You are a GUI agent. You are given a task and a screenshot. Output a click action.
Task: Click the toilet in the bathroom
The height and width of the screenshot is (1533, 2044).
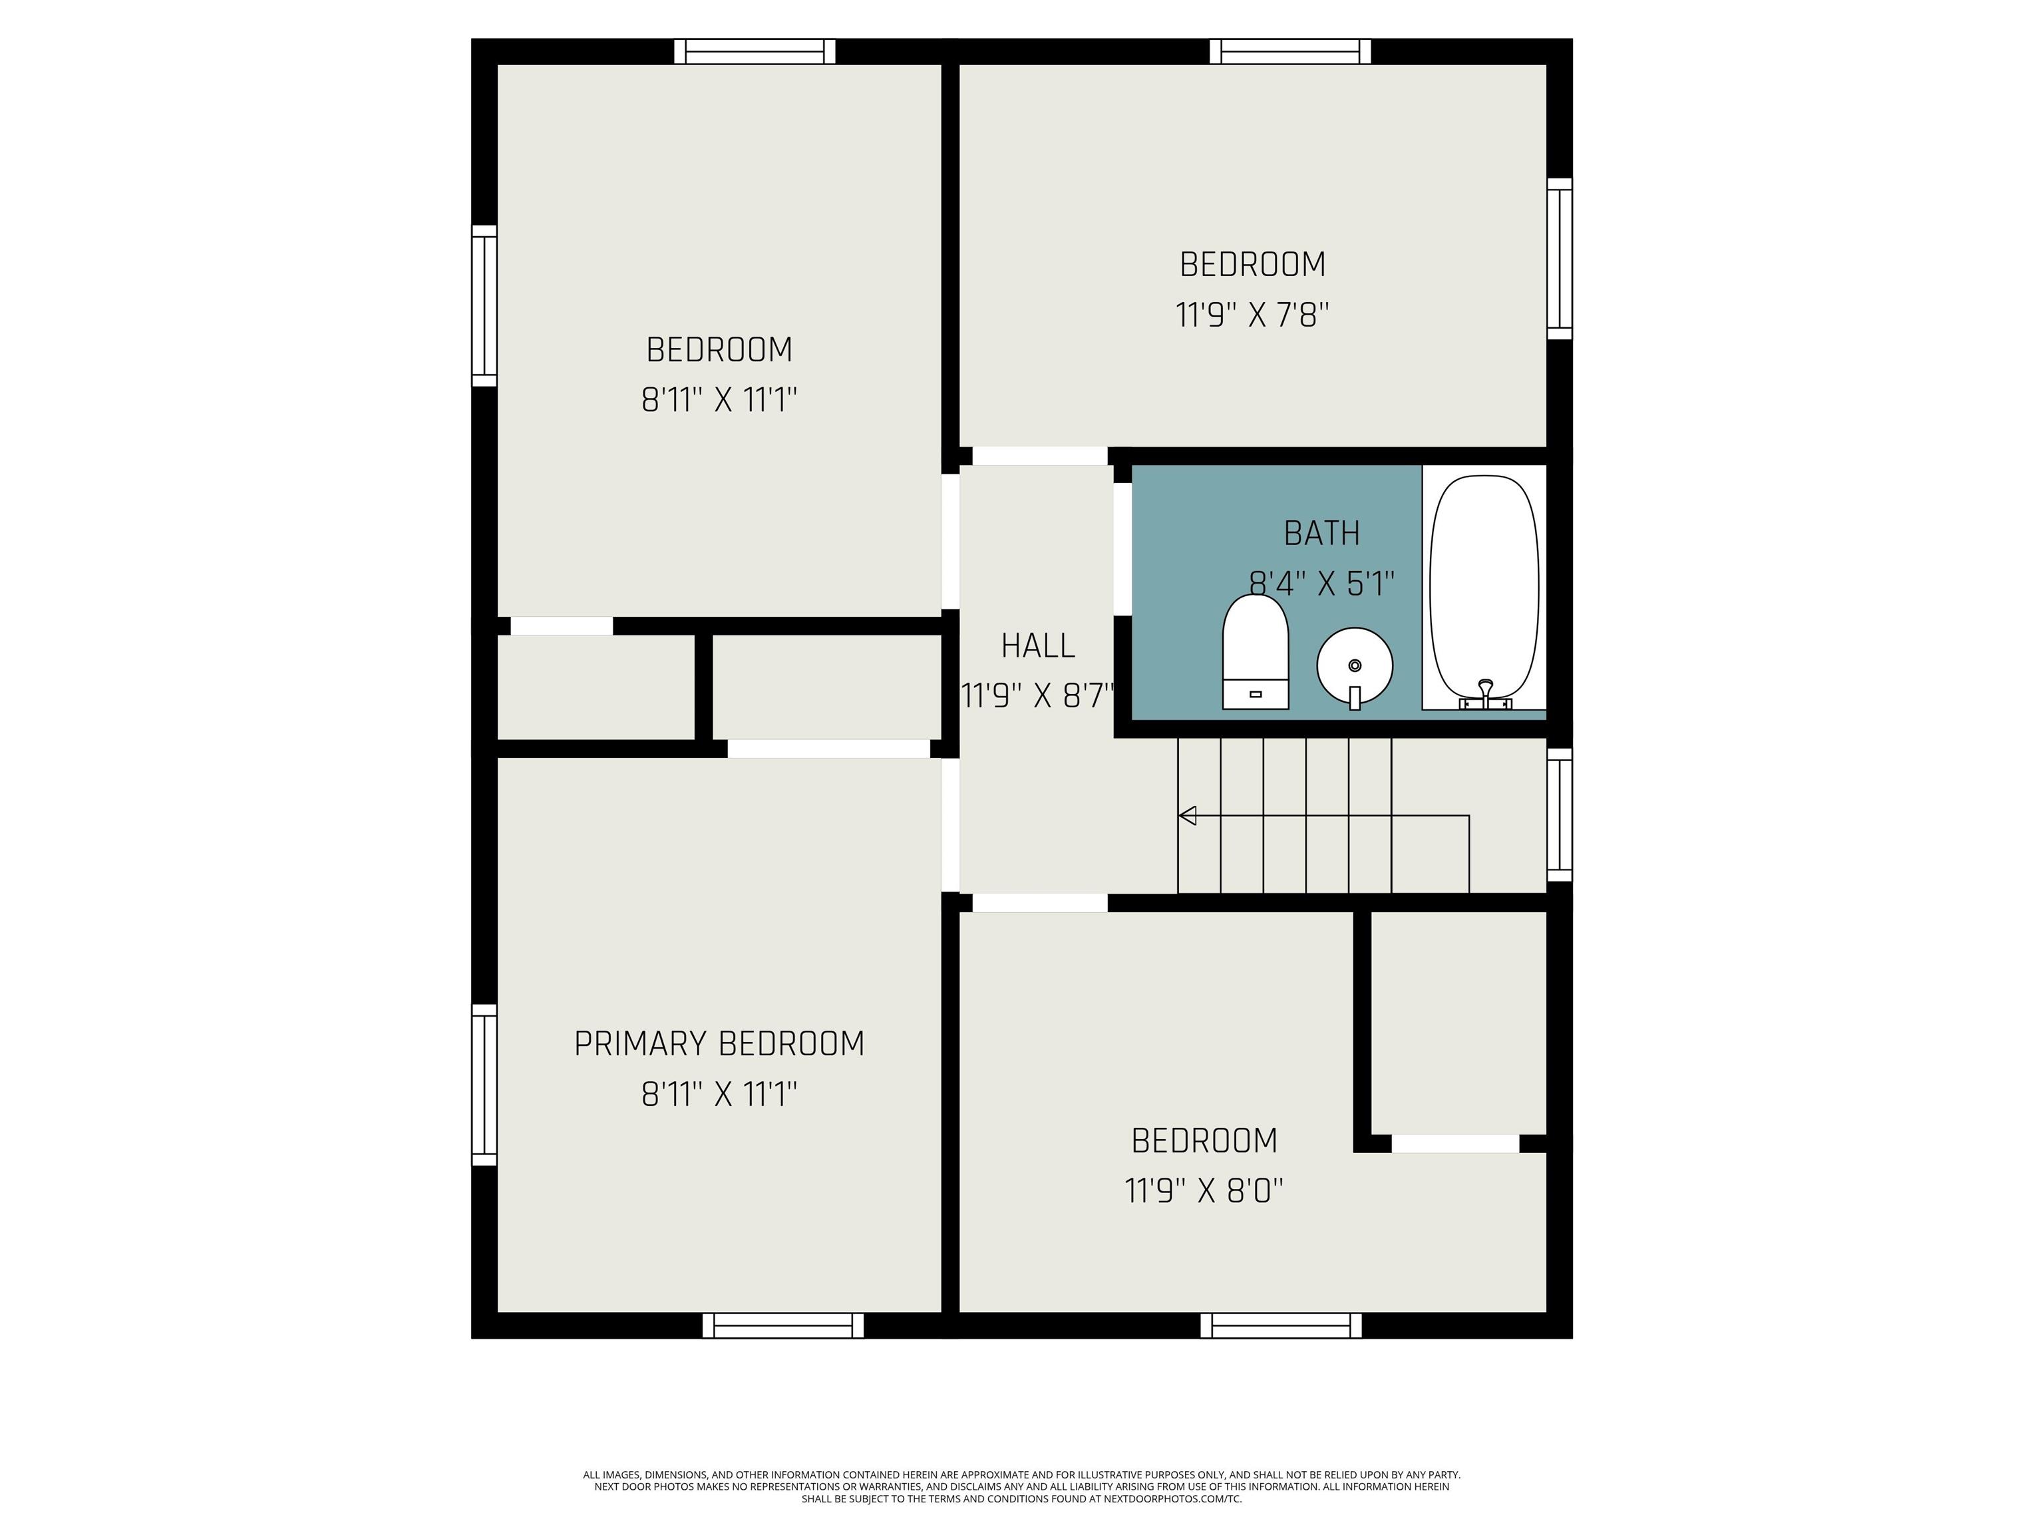(x=1255, y=651)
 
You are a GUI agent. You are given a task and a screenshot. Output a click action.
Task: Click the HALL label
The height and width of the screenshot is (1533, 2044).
(x=1038, y=645)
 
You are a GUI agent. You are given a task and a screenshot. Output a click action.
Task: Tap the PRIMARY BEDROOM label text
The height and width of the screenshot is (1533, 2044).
(x=719, y=1043)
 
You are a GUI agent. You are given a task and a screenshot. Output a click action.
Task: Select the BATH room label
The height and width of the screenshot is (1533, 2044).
(x=1321, y=533)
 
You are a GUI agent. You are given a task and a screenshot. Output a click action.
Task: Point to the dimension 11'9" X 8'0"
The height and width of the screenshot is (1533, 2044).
(x=1204, y=1190)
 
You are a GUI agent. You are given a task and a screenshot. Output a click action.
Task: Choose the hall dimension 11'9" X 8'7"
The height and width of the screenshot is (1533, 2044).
(x=1038, y=695)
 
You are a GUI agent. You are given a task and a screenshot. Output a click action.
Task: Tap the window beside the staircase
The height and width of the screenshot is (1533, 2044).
(x=1559, y=815)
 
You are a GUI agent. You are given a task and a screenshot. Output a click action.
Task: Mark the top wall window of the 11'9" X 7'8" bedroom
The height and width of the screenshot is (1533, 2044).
(x=1290, y=52)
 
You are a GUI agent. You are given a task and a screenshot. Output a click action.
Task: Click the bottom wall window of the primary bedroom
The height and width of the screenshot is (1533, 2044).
(x=782, y=1325)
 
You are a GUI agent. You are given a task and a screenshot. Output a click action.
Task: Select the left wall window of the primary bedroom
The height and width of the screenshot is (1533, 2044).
(x=484, y=1085)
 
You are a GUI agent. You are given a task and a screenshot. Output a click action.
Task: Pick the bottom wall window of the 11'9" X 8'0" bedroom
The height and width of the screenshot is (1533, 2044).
(x=1281, y=1325)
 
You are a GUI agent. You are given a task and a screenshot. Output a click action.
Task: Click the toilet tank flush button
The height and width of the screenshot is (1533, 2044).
(x=1255, y=693)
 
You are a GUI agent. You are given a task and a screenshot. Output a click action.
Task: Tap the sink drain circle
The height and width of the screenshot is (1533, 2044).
(x=1355, y=665)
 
